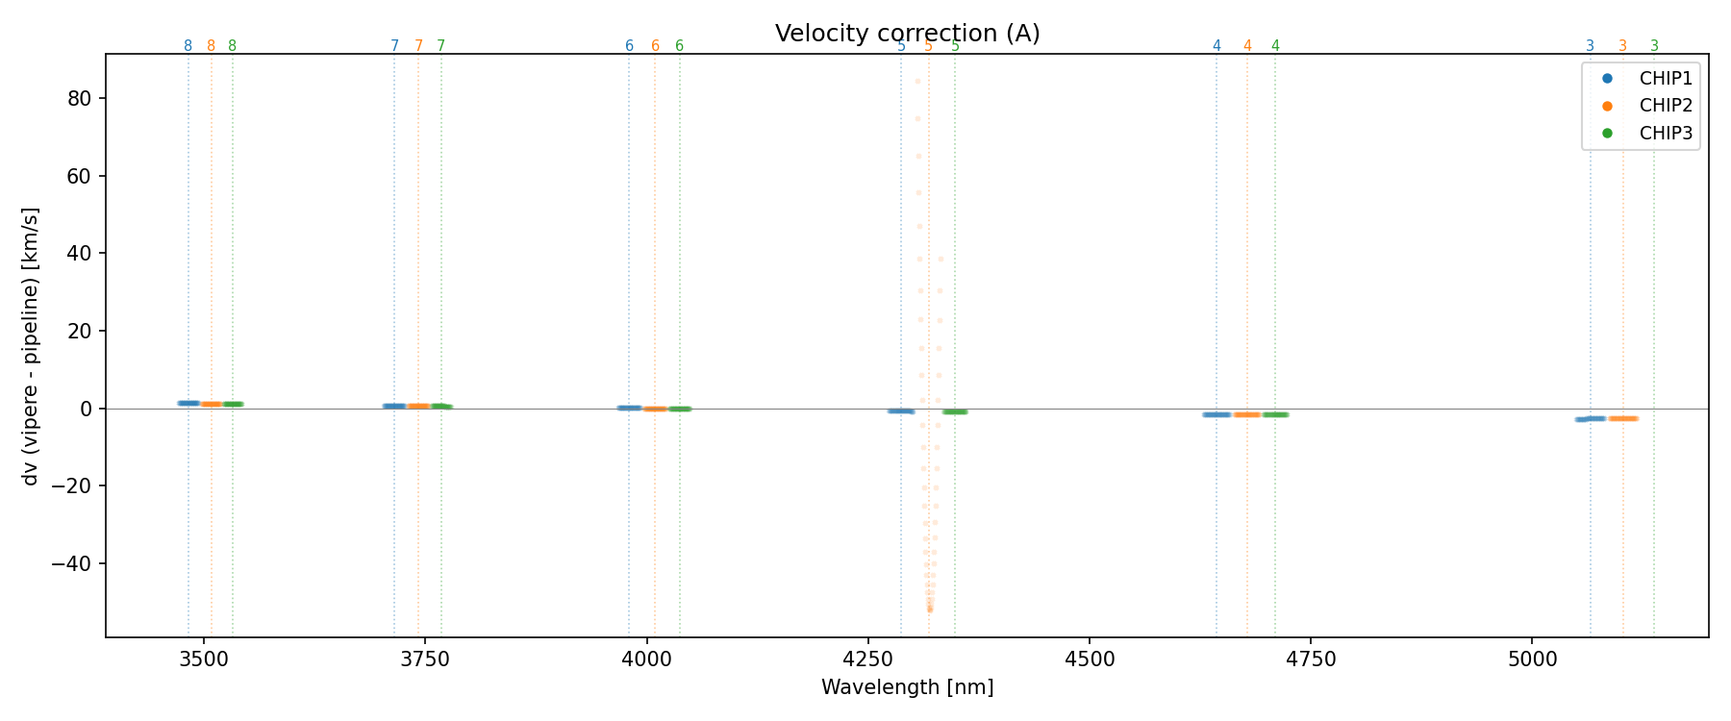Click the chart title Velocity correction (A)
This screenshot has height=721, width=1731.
(x=907, y=34)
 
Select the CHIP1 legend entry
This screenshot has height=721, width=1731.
(x=1666, y=78)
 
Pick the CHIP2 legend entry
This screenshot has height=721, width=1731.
(x=1666, y=106)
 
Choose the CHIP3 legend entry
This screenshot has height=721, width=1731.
(x=1666, y=134)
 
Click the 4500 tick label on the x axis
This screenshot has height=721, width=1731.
(x=1089, y=659)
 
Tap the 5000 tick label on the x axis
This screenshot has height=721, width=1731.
(x=1531, y=659)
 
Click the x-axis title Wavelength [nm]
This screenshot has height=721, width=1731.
(x=907, y=687)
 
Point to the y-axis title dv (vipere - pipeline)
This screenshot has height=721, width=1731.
(x=31, y=345)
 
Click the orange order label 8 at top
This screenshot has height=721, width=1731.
(x=212, y=46)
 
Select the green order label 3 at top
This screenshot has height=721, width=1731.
(x=1654, y=46)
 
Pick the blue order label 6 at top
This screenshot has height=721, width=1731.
(x=629, y=46)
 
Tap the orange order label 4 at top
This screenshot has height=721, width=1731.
(x=1247, y=46)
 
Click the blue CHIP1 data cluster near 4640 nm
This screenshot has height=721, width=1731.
(x=1217, y=414)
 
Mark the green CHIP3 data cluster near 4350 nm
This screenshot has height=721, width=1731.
(x=955, y=411)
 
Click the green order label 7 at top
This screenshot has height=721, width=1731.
(x=441, y=46)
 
